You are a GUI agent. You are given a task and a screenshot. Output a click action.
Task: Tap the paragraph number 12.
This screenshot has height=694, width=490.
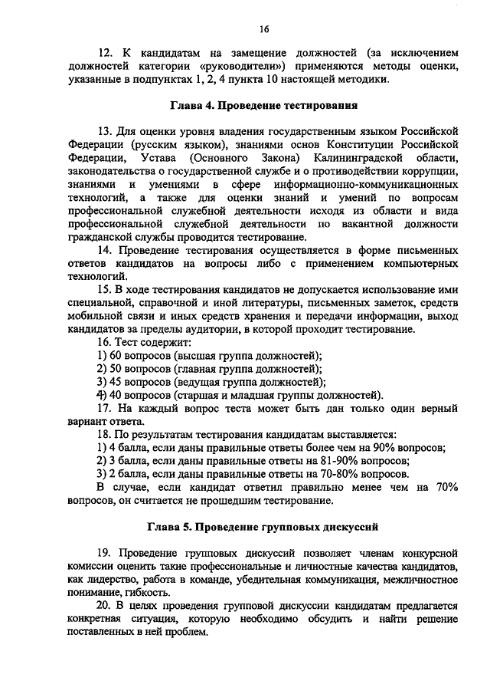pyautogui.click(x=106, y=54)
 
